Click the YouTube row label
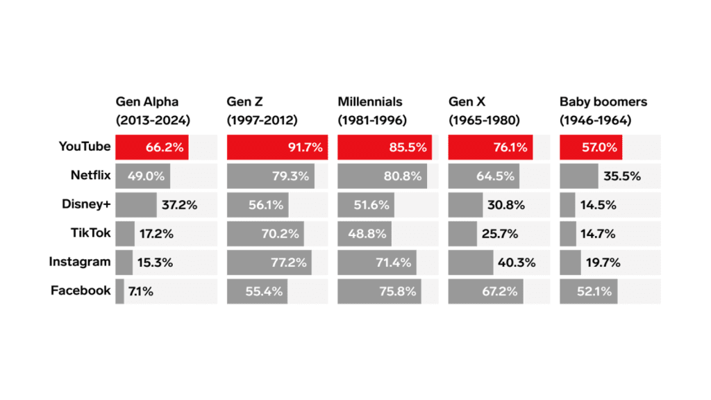tap(85, 147)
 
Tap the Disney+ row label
tap(85, 204)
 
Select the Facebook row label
tap(81, 291)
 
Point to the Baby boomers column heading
tap(603, 102)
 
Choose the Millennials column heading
tap(370, 102)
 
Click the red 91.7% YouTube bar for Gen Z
tap(277, 147)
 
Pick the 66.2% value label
tap(165, 147)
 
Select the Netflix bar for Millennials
tap(382, 176)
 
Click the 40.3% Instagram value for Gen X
tap(517, 262)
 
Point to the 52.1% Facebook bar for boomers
tap(588, 292)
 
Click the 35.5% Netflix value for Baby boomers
tap(622, 176)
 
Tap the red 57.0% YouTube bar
tap(591, 147)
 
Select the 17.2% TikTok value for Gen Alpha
tap(156, 234)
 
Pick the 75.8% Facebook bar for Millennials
tap(380, 292)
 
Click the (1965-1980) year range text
tap(485, 120)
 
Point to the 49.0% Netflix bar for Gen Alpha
tap(142, 176)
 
